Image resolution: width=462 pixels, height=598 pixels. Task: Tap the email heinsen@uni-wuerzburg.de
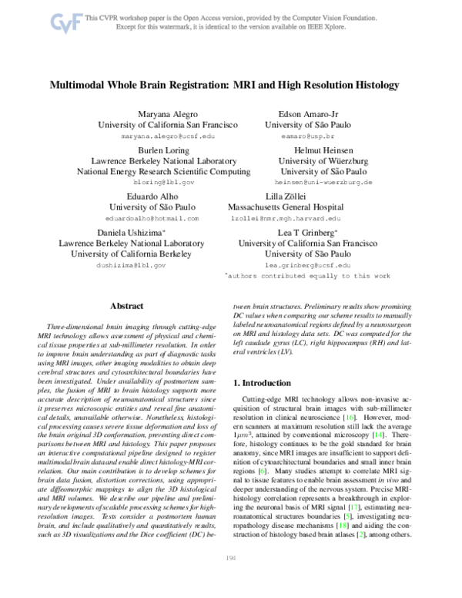click(323, 183)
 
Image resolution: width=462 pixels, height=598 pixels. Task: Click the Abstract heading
click(128, 306)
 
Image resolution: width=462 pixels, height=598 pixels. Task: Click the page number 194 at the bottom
click(230, 580)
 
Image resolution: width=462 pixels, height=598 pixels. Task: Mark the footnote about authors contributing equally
click(307, 275)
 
